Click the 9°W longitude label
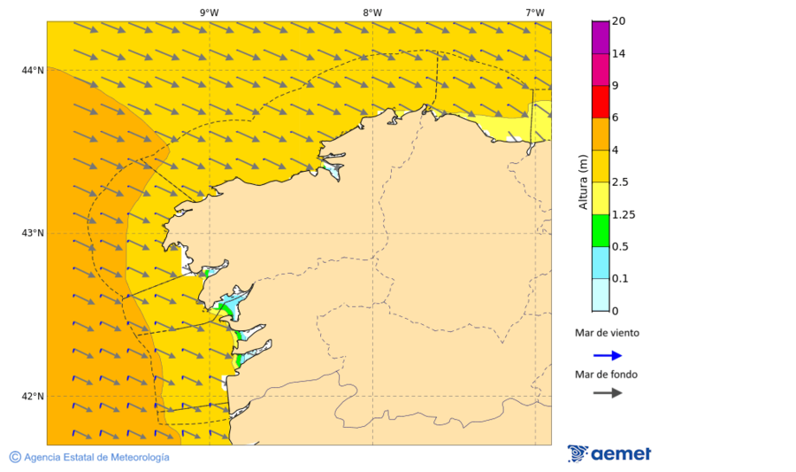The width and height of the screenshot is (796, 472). click(209, 12)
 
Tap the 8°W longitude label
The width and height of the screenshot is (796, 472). click(372, 12)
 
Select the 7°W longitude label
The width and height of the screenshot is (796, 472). click(534, 12)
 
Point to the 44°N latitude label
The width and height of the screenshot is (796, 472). click(33, 70)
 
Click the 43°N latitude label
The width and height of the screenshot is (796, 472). click(33, 233)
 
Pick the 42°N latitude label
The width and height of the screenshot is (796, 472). click(33, 396)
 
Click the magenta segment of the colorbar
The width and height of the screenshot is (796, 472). click(601, 37)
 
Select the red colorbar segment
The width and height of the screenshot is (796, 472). click(601, 102)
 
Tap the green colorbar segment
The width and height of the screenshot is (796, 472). click(601, 230)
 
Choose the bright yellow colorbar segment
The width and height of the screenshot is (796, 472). click(601, 198)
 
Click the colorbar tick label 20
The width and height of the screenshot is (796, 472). click(619, 21)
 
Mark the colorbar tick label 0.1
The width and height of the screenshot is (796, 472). click(622, 279)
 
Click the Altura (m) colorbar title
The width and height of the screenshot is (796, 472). click(582, 182)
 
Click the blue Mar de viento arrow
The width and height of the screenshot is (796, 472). click(608, 355)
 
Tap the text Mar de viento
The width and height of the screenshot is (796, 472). click(606, 334)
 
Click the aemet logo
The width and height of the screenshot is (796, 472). click(609, 453)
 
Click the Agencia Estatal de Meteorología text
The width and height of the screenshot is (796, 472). click(96, 457)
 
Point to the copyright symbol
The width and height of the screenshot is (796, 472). click(15, 457)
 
